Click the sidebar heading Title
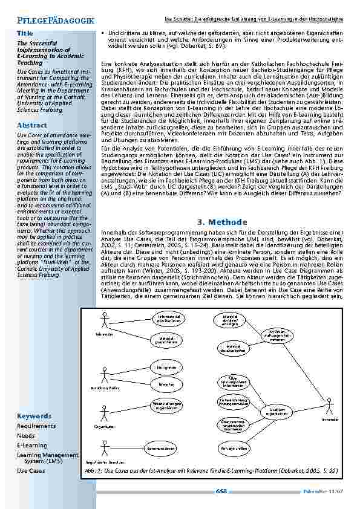point(25,33)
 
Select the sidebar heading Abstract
point(33,125)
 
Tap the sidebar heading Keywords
point(34,416)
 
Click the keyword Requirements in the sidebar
point(36,426)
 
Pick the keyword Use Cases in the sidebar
point(31,470)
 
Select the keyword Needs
point(26,435)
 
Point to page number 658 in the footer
point(221,491)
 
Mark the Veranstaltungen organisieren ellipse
point(161,406)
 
